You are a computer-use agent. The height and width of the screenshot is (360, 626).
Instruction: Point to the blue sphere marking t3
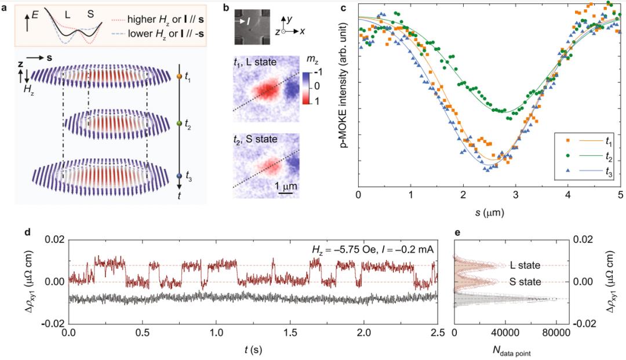(x=179, y=176)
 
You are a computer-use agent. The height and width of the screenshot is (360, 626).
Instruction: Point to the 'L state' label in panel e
(x=526, y=266)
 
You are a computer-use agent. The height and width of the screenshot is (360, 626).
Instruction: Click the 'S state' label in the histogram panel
(x=526, y=282)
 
